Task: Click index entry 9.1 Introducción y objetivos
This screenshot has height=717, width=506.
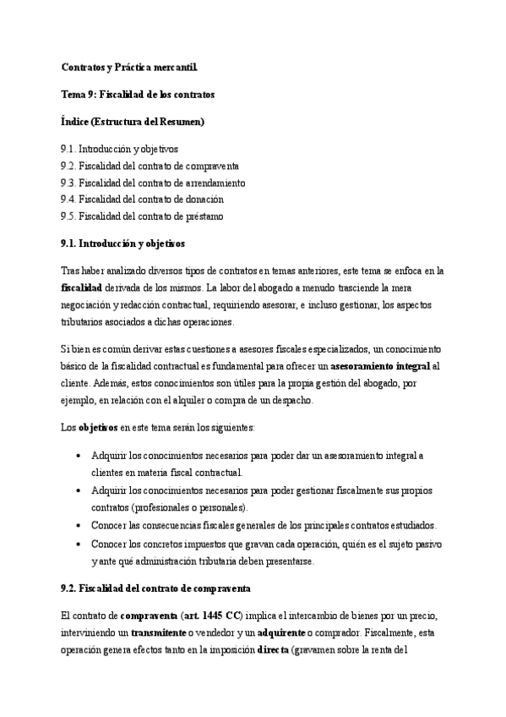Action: click(119, 149)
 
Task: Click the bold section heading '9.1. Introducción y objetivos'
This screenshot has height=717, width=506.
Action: click(122, 244)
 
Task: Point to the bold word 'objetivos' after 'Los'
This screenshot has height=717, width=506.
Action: click(98, 428)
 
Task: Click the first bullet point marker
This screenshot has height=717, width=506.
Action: click(79, 456)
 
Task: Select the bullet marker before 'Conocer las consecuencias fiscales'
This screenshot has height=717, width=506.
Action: click(79, 525)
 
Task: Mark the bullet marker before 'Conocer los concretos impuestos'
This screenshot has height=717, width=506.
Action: click(79, 543)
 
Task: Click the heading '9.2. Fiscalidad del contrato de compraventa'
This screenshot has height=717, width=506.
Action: click(155, 587)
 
